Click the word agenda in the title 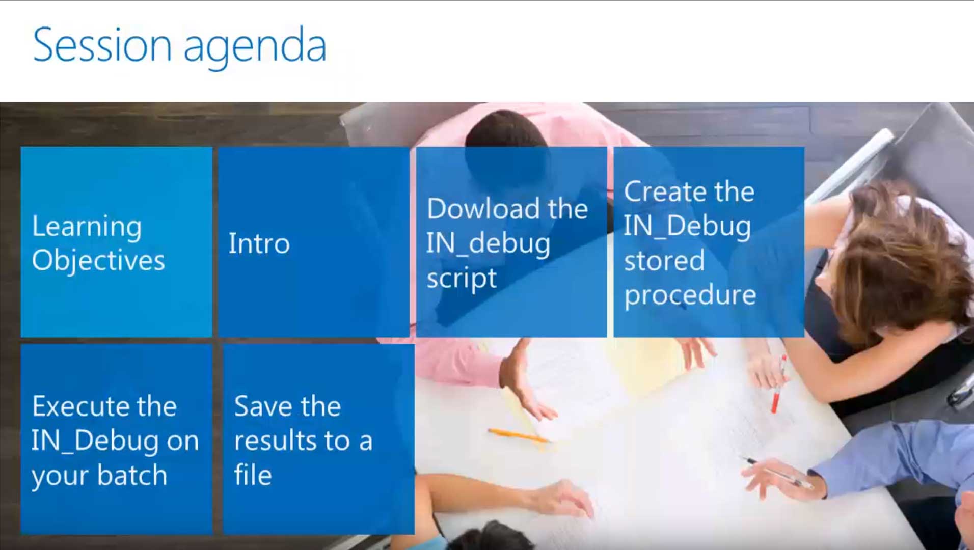(x=255, y=49)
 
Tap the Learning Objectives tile (x=116, y=242)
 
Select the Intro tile (x=314, y=242)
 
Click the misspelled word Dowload (x=483, y=208)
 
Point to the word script (x=462, y=279)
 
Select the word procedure (x=690, y=296)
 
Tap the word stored (x=664, y=260)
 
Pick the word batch (x=132, y=475)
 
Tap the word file (x=253, y=475)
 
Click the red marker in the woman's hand (x=778, y=384)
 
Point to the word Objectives (x=98, y=261)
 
